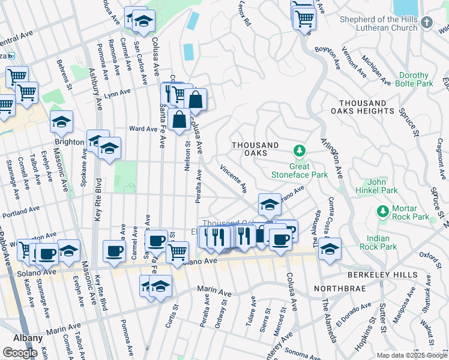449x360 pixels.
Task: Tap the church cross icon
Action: [426, 22]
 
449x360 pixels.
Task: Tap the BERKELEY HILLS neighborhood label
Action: [383, 274]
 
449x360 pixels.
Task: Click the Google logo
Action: [20, 353]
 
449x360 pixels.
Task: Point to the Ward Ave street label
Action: [143, 128]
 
